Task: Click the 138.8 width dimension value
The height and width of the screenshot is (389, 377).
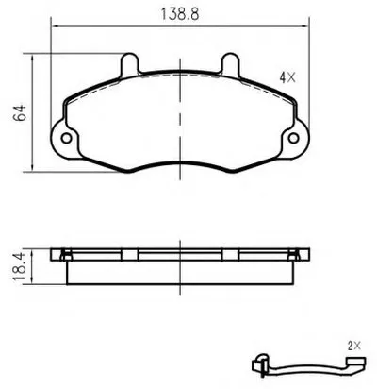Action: (180, 14)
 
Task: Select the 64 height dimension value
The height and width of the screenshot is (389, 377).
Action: (20, 112)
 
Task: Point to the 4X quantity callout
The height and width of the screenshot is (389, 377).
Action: (287, 77)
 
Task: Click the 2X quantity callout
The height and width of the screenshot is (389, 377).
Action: (354, 347)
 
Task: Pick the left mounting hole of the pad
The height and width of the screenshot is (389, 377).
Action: (67, 138)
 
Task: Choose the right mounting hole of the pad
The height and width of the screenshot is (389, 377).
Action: (293, 138)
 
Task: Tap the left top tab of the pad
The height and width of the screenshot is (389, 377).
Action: (129, 64)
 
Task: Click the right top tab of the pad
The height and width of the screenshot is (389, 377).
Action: (231, 64)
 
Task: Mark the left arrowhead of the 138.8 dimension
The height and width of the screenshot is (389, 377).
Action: (54, 26)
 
